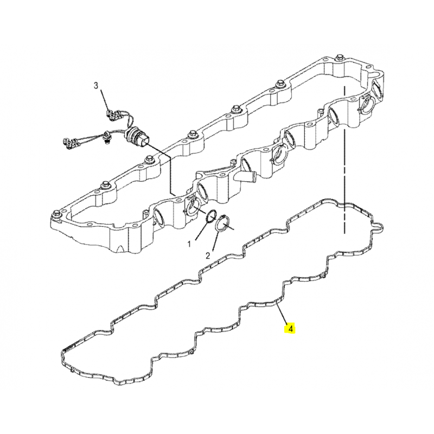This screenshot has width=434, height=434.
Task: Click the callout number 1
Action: [x=189, y=244]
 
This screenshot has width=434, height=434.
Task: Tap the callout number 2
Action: [x=208, y=256]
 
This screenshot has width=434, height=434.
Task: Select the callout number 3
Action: [x=96, y=86]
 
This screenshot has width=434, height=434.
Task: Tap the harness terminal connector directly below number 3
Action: [x=114, y=115]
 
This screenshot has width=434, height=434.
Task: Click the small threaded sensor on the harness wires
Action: [x=106, y=137]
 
